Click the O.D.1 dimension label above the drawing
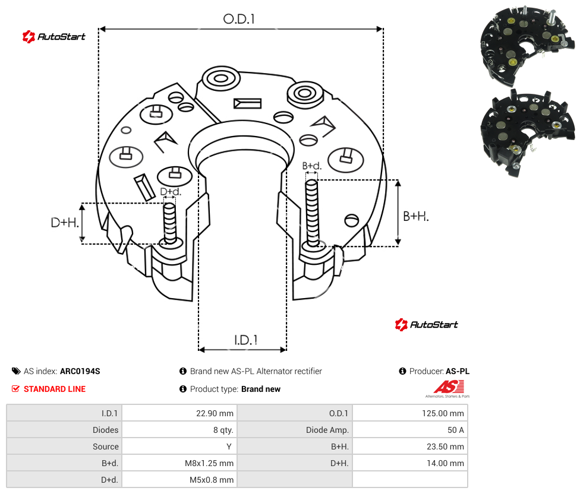click(x=239, y=19)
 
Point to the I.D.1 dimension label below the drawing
click(x=246, y=340)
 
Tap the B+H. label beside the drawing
click(x=416, y=216)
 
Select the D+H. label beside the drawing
click(x=65, y=223)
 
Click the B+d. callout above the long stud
click(x=312, y=166)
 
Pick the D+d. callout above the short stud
click(x=171, y=192)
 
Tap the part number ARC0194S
click(x=80, y=371)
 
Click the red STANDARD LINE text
click(x=55, y=389)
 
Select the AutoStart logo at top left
click(x=54, y=37)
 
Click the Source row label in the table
click(x=106, y=446)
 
